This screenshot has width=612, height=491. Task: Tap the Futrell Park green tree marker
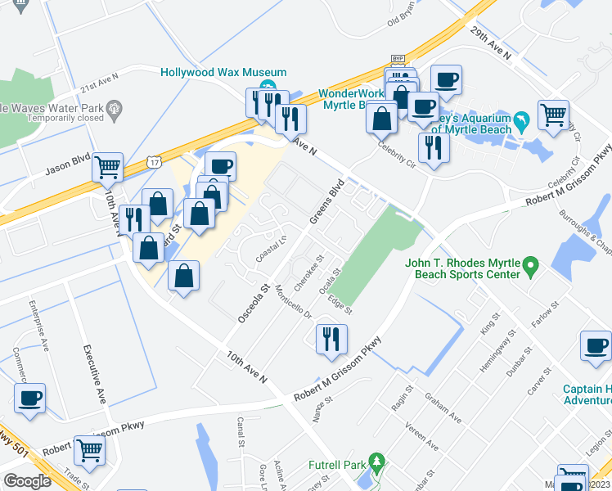pos(376,464)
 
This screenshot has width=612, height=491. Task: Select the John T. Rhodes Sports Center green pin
pos(530,266)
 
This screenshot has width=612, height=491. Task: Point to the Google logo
pos(28,481)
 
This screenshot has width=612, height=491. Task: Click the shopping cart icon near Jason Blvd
pos(108,167)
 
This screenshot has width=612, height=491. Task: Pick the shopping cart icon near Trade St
pos(89,448)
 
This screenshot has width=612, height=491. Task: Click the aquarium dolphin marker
pos(523,121)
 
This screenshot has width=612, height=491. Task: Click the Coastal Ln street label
pos(272,243)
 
